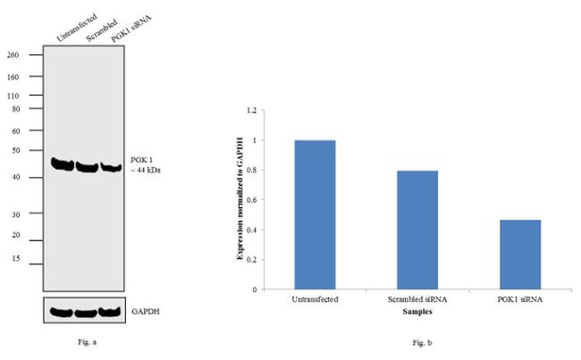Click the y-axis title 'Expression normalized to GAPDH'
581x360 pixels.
(x=240, y=199)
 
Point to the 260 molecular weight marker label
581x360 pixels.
(x=13, y=54)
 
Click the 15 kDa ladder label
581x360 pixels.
(x=15, y=259)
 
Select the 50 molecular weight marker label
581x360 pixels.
(x=15, y=151)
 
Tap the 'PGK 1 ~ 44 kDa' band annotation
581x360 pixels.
(x=146, y=165)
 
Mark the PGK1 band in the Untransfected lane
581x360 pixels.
(x=62, y=164)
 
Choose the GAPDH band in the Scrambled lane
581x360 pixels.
(x=85, y=313)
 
